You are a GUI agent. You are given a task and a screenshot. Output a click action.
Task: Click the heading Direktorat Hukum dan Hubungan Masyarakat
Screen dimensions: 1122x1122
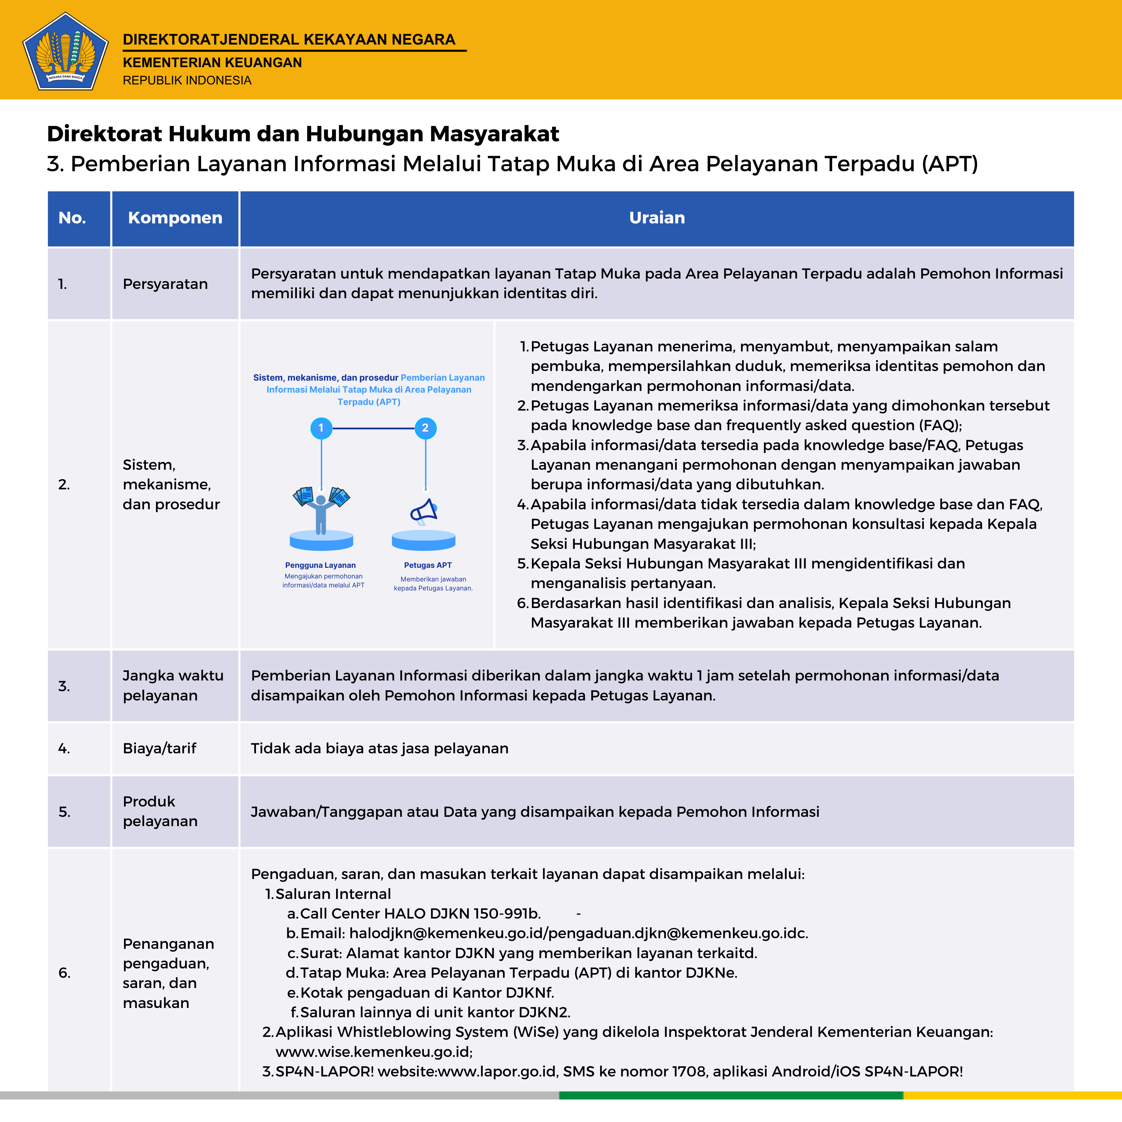[303, 134]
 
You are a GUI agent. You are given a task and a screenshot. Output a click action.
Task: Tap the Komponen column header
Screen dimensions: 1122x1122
[175, 218]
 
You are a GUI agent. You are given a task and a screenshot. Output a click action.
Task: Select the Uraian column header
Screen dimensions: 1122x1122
[657, 218]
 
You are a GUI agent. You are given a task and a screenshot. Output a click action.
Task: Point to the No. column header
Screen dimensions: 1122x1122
[72, 218]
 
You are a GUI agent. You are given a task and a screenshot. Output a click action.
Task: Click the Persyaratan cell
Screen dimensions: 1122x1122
[165, 284]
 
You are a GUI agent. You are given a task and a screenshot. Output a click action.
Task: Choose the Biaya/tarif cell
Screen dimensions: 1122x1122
[159, 748]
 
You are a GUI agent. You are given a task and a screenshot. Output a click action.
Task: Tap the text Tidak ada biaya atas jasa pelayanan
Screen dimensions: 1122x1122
[379, 748]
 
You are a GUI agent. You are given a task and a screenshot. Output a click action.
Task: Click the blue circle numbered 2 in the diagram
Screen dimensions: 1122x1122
[425, 428]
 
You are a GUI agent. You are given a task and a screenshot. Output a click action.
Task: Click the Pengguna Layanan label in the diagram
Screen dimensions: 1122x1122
[320, 565]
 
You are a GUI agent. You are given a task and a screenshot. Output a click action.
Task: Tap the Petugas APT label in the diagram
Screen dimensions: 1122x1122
[428, 565]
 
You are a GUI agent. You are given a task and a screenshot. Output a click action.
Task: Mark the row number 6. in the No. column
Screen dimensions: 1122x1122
[64, 973]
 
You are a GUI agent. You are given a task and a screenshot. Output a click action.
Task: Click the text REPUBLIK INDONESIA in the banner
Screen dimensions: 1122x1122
[187, 80]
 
